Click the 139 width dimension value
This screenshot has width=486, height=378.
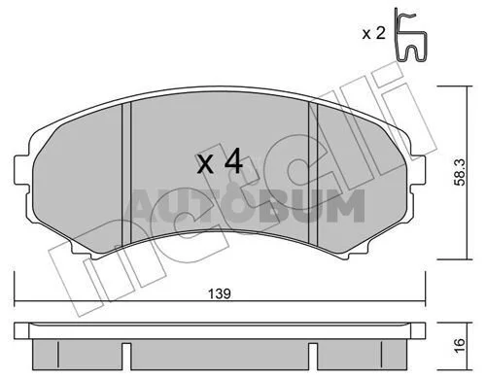220,293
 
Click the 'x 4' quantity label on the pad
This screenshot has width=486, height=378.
220,160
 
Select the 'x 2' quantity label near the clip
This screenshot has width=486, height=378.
373,33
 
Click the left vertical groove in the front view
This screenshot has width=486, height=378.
126,174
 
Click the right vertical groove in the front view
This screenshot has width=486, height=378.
314,174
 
